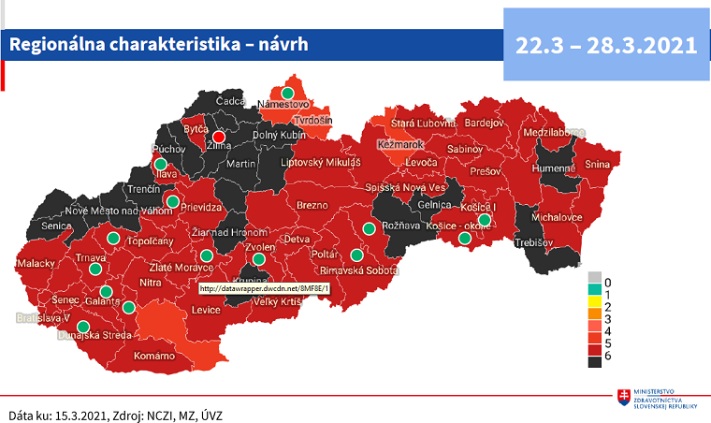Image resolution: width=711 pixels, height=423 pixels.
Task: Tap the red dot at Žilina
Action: tap(219, 136)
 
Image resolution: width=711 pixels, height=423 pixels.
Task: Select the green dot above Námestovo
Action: tap(288, 93)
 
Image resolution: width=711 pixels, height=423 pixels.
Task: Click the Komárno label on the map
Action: tap(154, 356)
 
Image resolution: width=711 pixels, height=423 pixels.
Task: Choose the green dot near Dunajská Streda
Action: tap(83, 327)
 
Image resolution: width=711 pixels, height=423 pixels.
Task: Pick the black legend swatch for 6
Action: tap(594, 357)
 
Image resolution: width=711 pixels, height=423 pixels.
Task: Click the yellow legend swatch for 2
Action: tap(594, 307)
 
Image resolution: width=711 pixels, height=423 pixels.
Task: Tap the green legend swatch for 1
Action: tap(594, 294)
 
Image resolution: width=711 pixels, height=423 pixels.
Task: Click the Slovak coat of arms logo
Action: tap(623, 398)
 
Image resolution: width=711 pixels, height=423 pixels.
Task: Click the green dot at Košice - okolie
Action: tap(464, 239)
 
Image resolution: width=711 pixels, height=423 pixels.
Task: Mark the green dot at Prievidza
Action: tap(172, 201)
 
